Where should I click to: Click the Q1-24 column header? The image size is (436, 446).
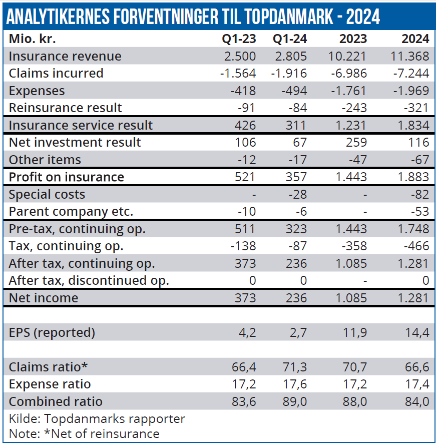(x=290, y=39)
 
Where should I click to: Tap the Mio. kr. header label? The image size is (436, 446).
(x=33, y=39)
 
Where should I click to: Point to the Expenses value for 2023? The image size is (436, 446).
(x=349, y=91)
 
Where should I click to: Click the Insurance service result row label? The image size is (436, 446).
(x=81, y=125)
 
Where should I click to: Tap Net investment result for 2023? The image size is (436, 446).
(x=356, y=142)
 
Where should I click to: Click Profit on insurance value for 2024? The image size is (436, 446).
(x=411, y=177)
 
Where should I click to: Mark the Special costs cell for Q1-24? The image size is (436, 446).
(x=297, y=194)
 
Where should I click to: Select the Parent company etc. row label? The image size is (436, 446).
(x=71, y=211)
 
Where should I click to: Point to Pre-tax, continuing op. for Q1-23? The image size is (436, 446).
(x=245, y=229)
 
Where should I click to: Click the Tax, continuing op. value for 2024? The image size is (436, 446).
(x=414, y=246)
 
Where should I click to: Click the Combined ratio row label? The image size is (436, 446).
(x=56, y=401)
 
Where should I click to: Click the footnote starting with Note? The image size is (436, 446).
(x=84, y=433)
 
